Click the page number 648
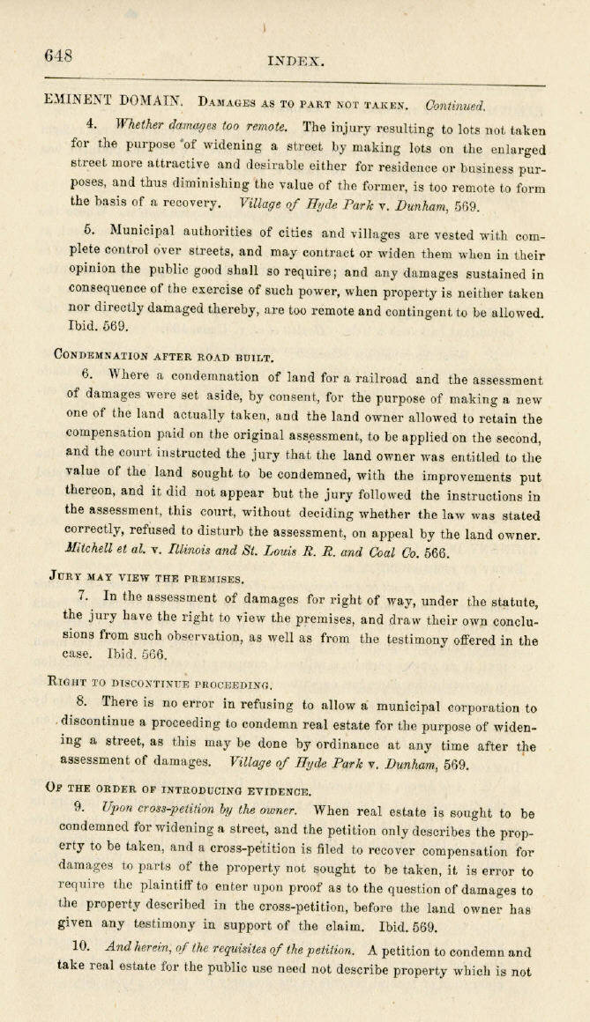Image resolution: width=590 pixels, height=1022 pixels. tap(58, 56)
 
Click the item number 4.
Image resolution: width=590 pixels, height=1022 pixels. tap(92, 121)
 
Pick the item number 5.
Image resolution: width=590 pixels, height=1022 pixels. tap(89, 230)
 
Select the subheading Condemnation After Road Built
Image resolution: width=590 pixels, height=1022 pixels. tap(164, 358)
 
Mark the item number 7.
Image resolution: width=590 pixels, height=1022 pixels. tap(83, 596)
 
